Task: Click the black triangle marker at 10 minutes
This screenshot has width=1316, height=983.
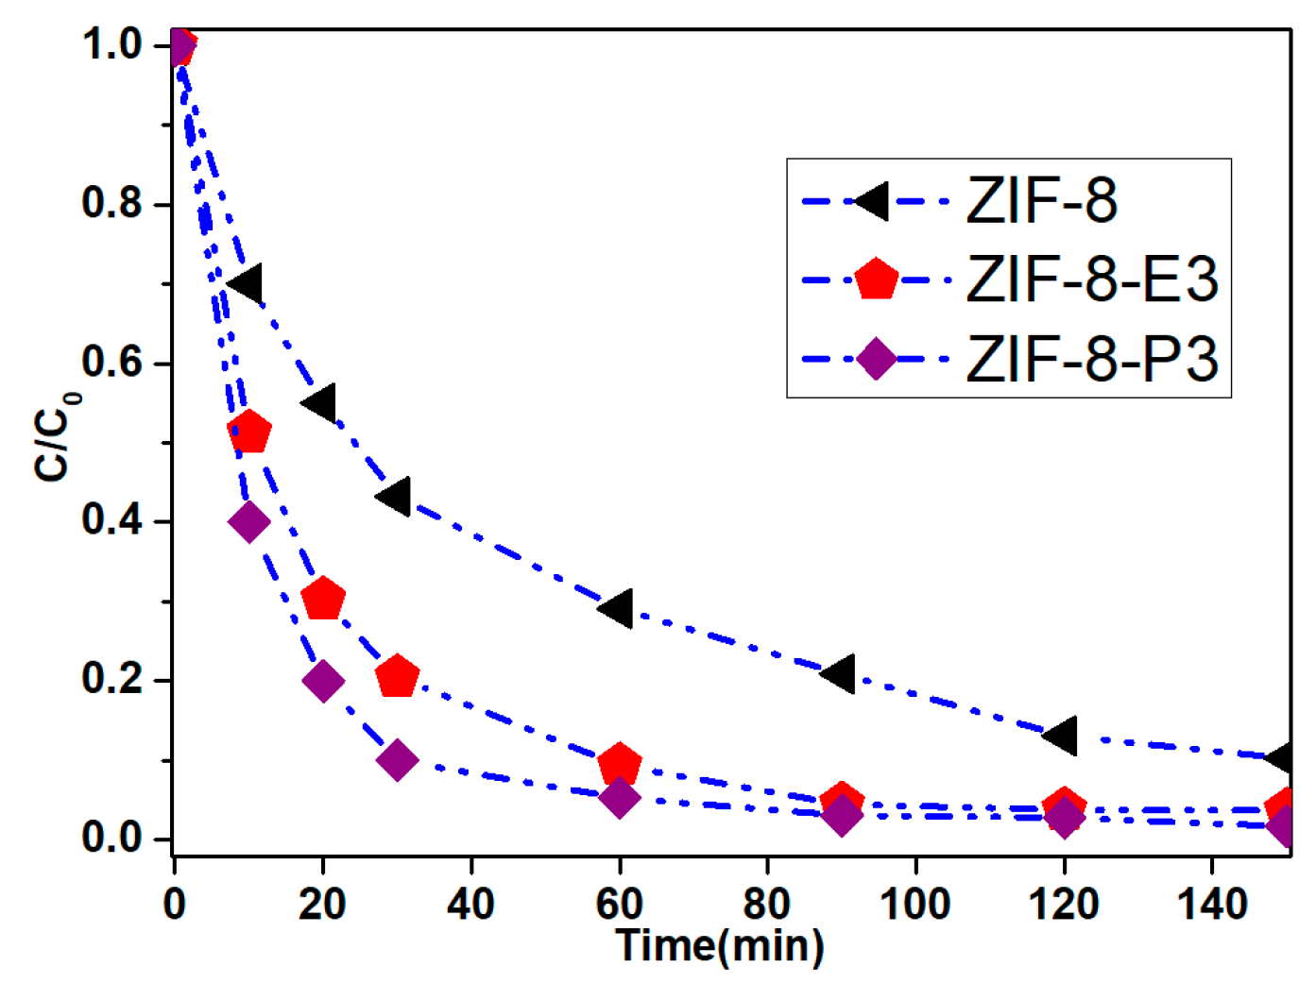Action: tap(248, 283)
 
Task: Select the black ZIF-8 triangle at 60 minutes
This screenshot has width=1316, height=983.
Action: tap(618, 608)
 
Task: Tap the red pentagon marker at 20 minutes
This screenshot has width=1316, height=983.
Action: tap(323, 600)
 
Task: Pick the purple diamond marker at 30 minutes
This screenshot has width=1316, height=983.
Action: tap(397, 759)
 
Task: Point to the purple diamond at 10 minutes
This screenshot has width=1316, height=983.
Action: tap(249, 521)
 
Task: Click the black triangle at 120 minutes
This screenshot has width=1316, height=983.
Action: tap(1062, 735)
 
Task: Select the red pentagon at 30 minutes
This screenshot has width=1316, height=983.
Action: tap(397, 677)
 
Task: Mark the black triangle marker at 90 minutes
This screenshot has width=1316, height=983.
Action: tap(840, 673)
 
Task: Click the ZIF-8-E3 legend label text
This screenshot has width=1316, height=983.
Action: tap(1092, 280)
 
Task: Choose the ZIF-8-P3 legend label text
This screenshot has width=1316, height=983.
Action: tap(1092, 360)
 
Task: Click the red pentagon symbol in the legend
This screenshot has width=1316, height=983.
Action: tap(876, 280)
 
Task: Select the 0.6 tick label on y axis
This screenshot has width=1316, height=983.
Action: tap(111, 363)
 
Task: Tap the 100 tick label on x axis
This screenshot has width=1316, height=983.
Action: tap(914, 905)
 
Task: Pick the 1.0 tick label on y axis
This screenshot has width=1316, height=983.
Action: tap(111, 44)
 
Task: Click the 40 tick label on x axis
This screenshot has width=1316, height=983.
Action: tap(470, 905)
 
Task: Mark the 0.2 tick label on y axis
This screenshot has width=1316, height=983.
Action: tap(111, 679)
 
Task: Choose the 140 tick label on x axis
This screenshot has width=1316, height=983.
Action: tap(1212, 905)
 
